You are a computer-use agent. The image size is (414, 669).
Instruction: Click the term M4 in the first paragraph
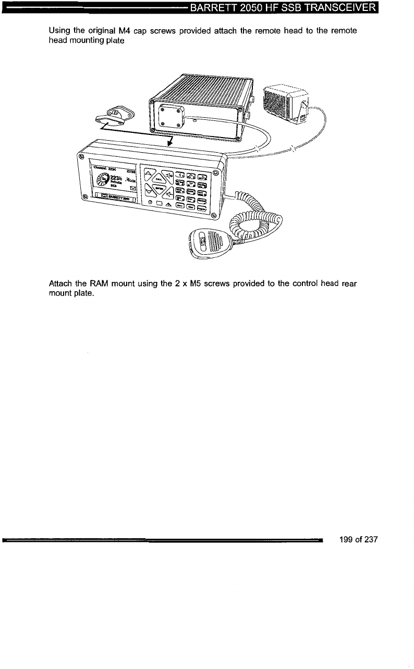(118, 31)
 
